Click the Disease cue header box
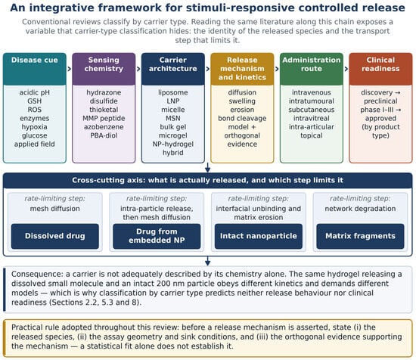coord(35,69)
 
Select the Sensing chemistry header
coord(104,69)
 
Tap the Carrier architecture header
coord(173,69)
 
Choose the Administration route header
coord(312,69)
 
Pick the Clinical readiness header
coord(380,69)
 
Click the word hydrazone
coord(104,92)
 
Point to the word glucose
coord(35,135)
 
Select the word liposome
coord(173,92)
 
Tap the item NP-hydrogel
coord(173,144)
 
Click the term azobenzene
coord(104,127)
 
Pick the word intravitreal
coord(312,118)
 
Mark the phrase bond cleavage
coord(242,118)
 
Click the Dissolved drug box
coord(55,236)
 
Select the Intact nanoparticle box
coord(259,236)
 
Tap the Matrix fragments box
coord(360,236)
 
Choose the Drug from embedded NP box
coord(157,236)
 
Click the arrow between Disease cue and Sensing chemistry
coord(70,69)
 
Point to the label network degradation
coord(360,209)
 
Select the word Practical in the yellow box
coord(26,327)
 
